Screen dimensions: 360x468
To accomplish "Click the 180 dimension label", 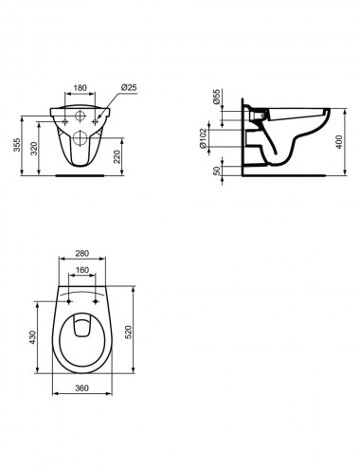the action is click(80, 88).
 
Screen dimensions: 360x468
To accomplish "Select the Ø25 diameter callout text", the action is click(129, 87).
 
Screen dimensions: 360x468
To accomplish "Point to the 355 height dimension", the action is click(17, 145).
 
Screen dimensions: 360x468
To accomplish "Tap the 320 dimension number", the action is click(34, 149).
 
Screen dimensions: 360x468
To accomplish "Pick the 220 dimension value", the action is click(117, 156).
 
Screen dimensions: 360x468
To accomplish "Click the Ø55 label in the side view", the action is click(216, 97).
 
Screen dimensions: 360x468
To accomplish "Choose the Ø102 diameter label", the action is click(203, 138).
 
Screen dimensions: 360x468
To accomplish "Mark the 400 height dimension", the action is click(338, 142).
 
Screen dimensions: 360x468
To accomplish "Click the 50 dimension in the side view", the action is click(217, 171).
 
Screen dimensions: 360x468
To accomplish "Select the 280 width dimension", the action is click(82, 253).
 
